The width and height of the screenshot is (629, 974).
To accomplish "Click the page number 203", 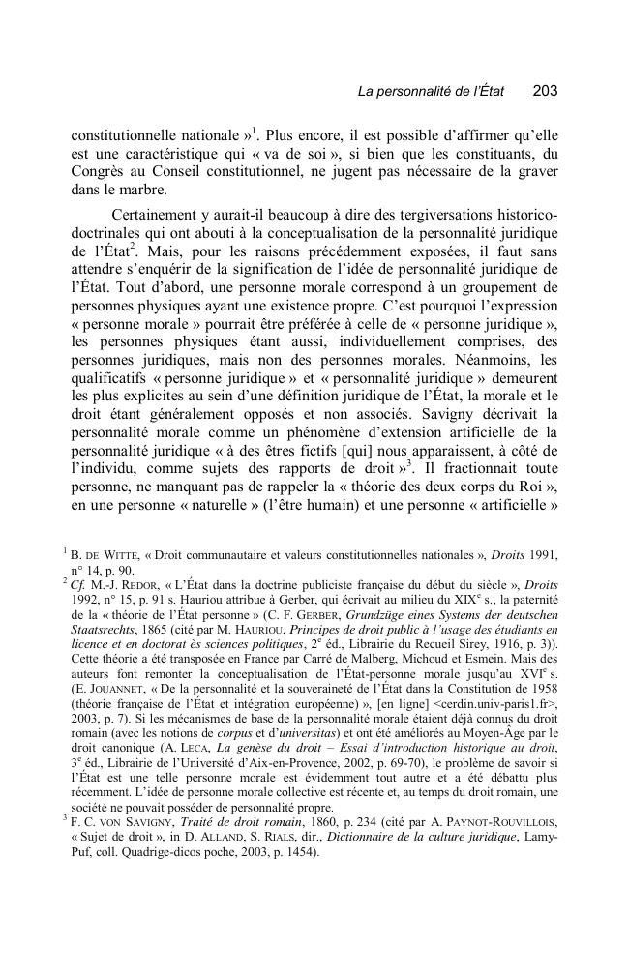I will [545, 91].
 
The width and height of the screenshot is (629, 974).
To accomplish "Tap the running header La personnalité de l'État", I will [433, 92].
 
